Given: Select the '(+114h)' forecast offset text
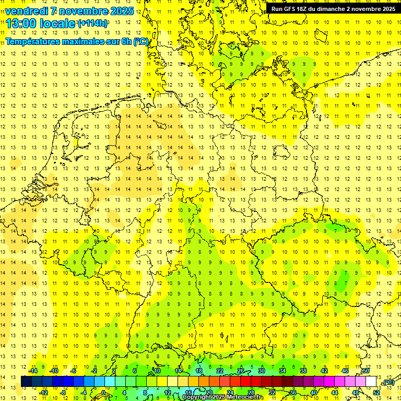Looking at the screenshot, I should (92, 23).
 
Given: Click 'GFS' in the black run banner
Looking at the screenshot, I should (289, 9).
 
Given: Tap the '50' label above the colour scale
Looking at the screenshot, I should (367, 371).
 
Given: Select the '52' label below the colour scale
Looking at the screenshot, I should (376, 393).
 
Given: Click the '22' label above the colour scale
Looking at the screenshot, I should (220, 371).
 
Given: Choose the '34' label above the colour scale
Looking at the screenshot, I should (282, 371).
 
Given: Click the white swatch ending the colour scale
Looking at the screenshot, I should (371, 382).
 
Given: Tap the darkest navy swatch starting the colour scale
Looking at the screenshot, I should (26, 382).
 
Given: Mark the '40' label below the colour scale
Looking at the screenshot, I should (314, 393).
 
